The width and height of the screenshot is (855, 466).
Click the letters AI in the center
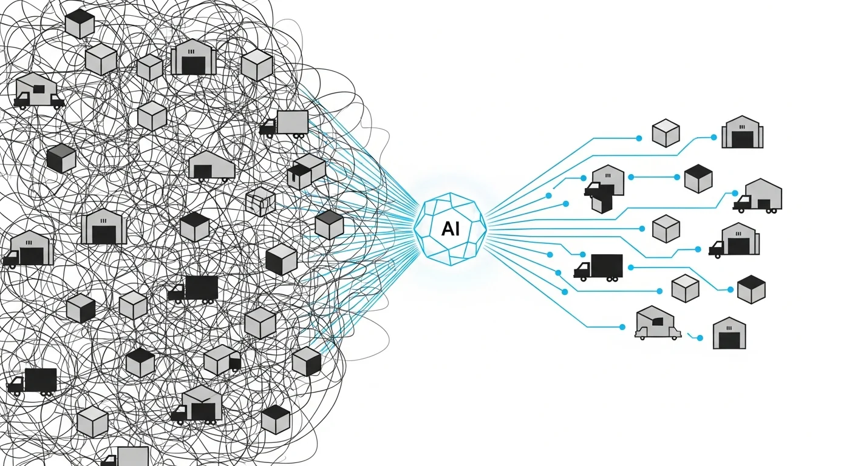coord(450,229)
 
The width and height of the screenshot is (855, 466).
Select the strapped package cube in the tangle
coord(261,201)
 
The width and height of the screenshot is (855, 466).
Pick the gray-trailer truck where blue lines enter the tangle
coord(285,123)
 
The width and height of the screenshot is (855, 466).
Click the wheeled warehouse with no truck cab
coord(211,166)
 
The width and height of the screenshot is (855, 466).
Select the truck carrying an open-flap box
coord(197,405)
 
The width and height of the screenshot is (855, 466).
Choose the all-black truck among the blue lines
coord(599,267)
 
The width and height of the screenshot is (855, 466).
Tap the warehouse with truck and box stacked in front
coord(605,187)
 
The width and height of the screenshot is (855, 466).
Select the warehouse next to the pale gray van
coord(729,333)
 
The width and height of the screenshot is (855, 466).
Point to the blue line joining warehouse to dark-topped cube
coord(654,177)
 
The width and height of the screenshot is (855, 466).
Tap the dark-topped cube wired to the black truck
coord(751,289)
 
